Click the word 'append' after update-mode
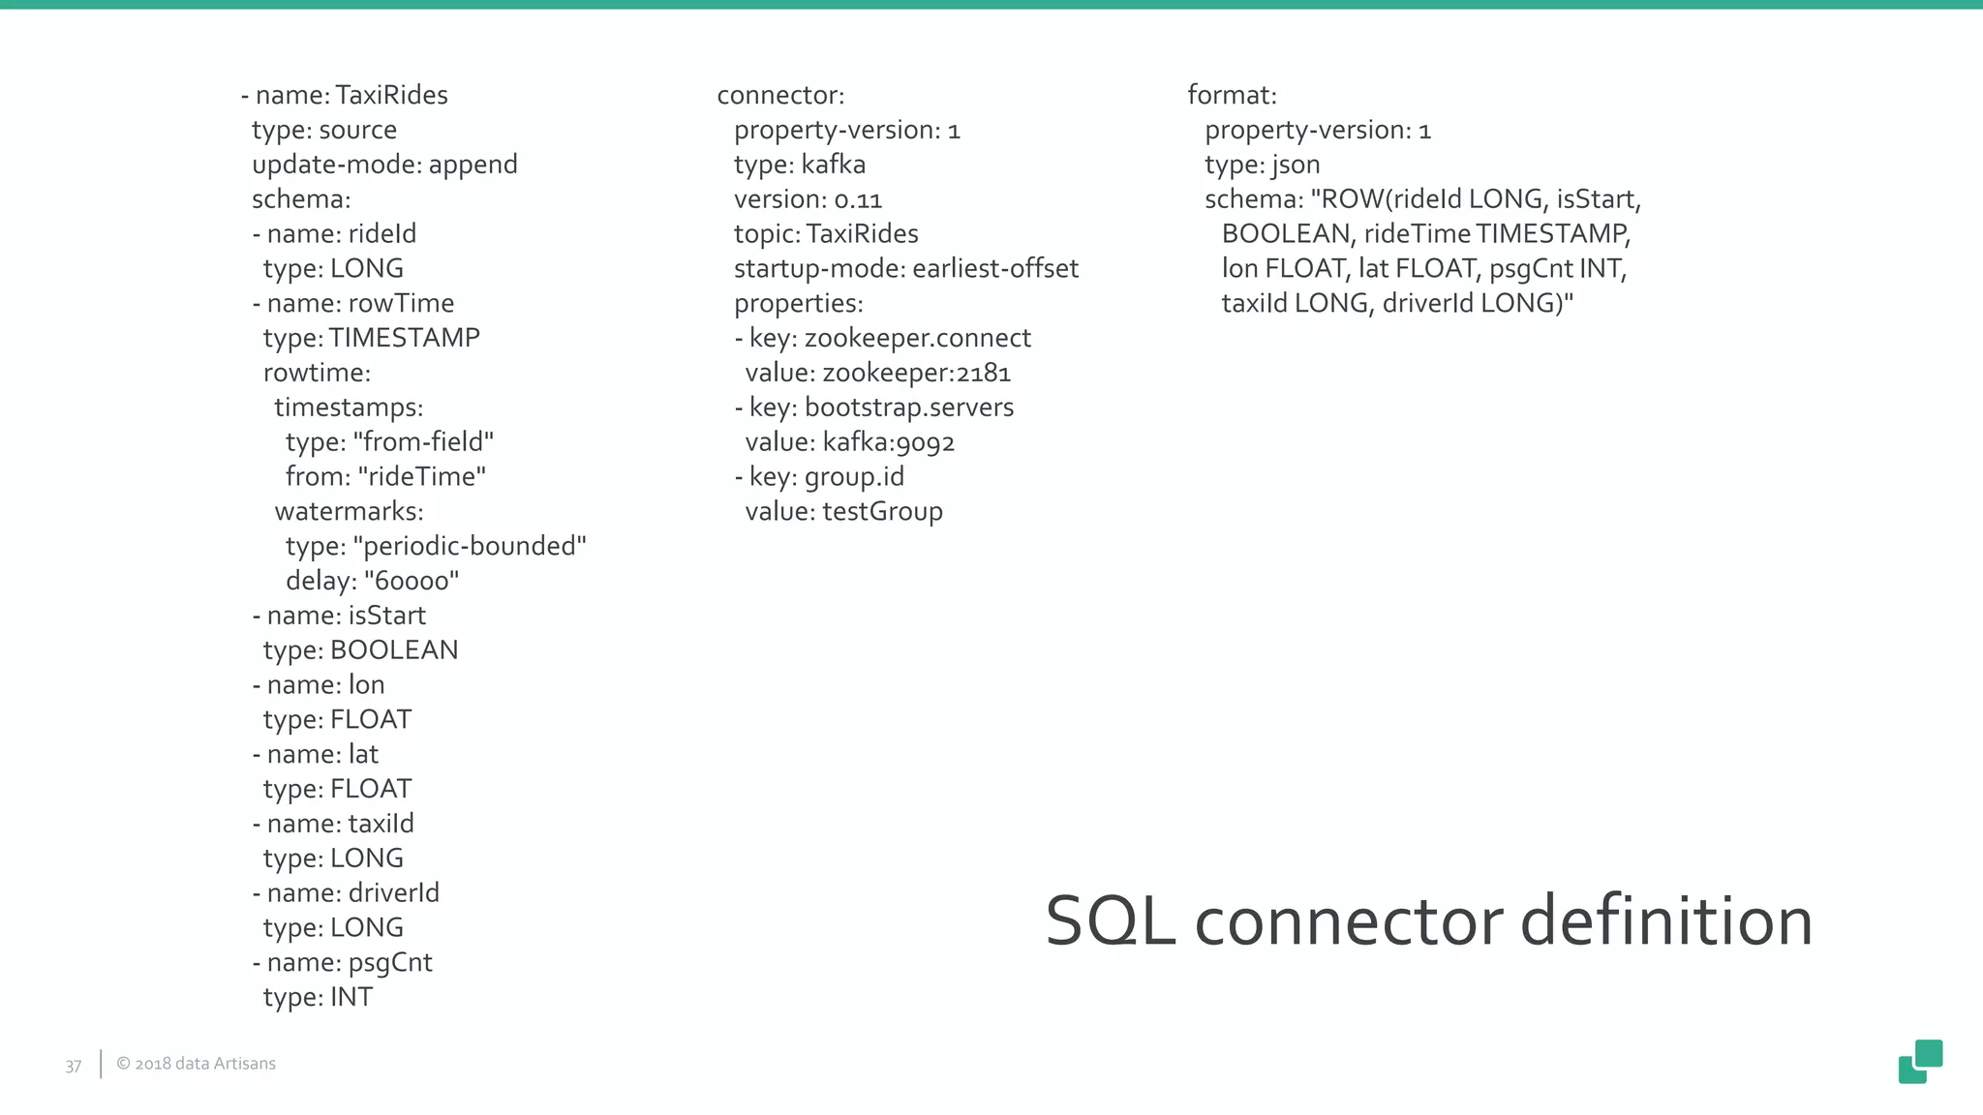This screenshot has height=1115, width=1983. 473,166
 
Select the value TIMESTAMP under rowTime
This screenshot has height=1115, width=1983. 404,338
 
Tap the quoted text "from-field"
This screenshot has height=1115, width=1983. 423,442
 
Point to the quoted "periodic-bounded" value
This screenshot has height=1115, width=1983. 470,547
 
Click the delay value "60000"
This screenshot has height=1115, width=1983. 411,582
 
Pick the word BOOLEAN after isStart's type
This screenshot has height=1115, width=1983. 394,650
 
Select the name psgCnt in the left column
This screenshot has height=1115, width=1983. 390,963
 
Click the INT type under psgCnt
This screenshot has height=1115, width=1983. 351,997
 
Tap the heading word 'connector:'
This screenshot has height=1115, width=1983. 780,96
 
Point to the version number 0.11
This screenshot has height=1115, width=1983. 858,200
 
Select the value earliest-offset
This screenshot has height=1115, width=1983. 995,269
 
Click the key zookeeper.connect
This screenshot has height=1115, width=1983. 918,339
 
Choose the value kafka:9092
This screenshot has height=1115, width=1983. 889,443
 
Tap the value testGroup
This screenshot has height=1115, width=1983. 882,512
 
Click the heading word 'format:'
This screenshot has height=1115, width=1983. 1232,96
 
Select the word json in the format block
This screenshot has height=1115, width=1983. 1296,166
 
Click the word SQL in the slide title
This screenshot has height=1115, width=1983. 1110,922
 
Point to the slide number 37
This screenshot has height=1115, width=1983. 74,1066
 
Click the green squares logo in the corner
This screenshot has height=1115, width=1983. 1920,1062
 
